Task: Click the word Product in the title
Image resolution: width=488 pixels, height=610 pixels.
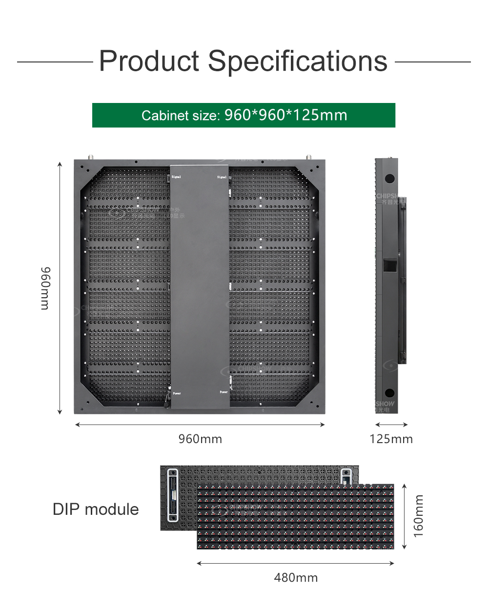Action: pos(149,61)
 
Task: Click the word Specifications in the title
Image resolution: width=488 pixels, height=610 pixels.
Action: pos(298,61)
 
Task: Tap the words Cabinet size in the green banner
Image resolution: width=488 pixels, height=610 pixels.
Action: pos(180,116)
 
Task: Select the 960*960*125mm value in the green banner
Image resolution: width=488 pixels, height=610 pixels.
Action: pos(285,115)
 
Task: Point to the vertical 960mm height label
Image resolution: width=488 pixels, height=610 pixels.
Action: pos(45,288)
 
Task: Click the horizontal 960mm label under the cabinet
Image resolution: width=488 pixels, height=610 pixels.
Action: pos(200,439)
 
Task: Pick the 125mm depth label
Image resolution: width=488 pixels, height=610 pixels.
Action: pos(391,439)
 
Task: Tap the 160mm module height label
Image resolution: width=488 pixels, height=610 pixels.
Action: pos(419,516)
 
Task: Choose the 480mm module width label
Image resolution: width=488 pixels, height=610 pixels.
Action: pos(296,578)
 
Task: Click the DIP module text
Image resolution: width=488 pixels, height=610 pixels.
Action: pos(96,509)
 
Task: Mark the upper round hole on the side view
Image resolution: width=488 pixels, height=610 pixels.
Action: pos(389,179)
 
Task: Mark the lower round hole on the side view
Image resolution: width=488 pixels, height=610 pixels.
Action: pos(389,393)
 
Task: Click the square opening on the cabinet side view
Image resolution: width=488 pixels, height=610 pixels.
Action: pos(389,265)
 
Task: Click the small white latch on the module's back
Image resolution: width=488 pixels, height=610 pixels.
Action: pos(346,476)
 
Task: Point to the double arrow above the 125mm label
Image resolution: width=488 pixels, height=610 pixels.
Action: pos(391,425)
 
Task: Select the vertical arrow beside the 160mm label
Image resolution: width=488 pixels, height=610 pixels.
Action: pos(404,516)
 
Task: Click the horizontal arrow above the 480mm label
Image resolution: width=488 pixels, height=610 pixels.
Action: pos(296,563)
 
